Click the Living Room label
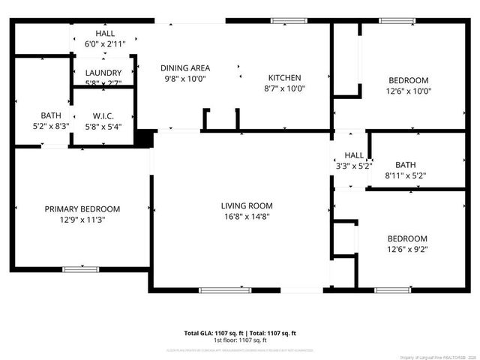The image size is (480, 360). pos(246,205)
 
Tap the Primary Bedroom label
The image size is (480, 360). pos(82,209)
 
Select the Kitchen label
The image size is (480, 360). pos(285,77)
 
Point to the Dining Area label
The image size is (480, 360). pos(186,68)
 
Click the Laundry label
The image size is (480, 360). pos(104,73)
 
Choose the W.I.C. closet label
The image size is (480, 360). pos(103,115)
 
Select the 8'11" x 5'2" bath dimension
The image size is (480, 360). pos(406,175)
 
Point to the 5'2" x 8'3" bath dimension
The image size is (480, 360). pos(51,126)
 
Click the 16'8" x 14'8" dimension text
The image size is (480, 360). pos(246,216)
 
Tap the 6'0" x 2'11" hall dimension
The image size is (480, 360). pos(104,44)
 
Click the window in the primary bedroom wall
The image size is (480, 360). pos(80,268)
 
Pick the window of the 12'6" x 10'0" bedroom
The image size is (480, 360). pos(392,21)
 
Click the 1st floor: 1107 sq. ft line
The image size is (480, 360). pos(240,340)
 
